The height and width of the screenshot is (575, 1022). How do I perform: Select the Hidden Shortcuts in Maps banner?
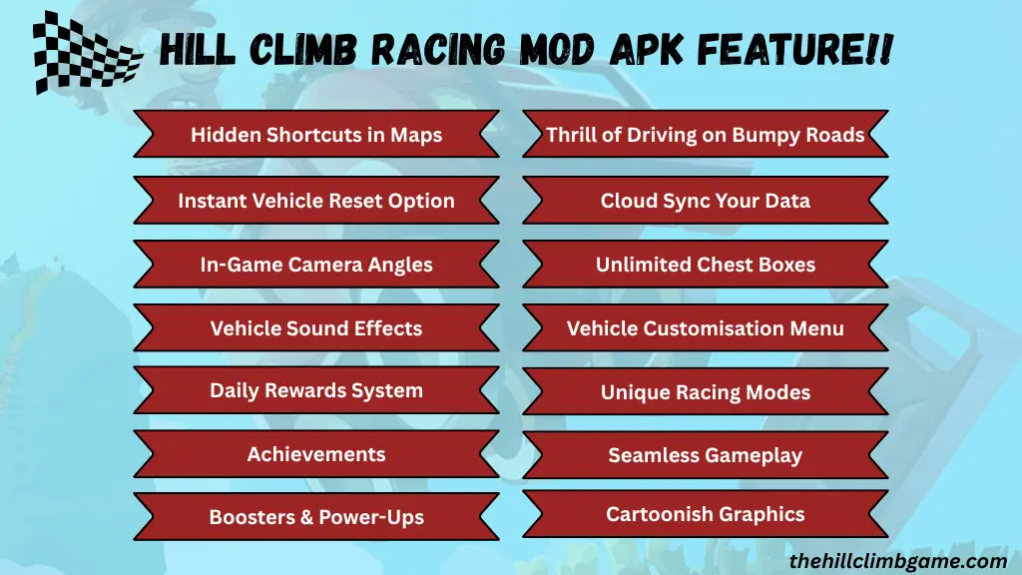316,135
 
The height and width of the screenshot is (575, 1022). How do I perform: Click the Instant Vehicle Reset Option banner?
316,201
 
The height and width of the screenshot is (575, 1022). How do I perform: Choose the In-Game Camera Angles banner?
316,265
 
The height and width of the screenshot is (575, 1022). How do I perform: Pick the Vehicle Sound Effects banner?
316,328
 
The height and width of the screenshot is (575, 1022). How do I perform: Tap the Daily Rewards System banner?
316,390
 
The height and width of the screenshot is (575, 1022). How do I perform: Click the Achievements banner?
316,454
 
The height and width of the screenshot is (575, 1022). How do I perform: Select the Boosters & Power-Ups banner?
316,517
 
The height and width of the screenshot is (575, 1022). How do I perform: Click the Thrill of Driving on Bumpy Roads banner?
706,135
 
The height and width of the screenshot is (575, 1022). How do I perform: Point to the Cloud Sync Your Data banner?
706,201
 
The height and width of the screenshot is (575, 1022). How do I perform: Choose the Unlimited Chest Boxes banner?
706,265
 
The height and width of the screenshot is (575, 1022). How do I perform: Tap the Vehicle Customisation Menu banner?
706,328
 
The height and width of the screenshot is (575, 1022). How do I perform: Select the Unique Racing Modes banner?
706,392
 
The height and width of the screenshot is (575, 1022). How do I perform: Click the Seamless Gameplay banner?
706,455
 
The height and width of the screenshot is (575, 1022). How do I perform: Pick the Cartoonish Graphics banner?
706,514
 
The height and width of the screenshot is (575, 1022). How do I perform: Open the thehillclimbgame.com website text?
897,561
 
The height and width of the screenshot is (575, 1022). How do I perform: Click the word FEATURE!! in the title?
802,49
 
